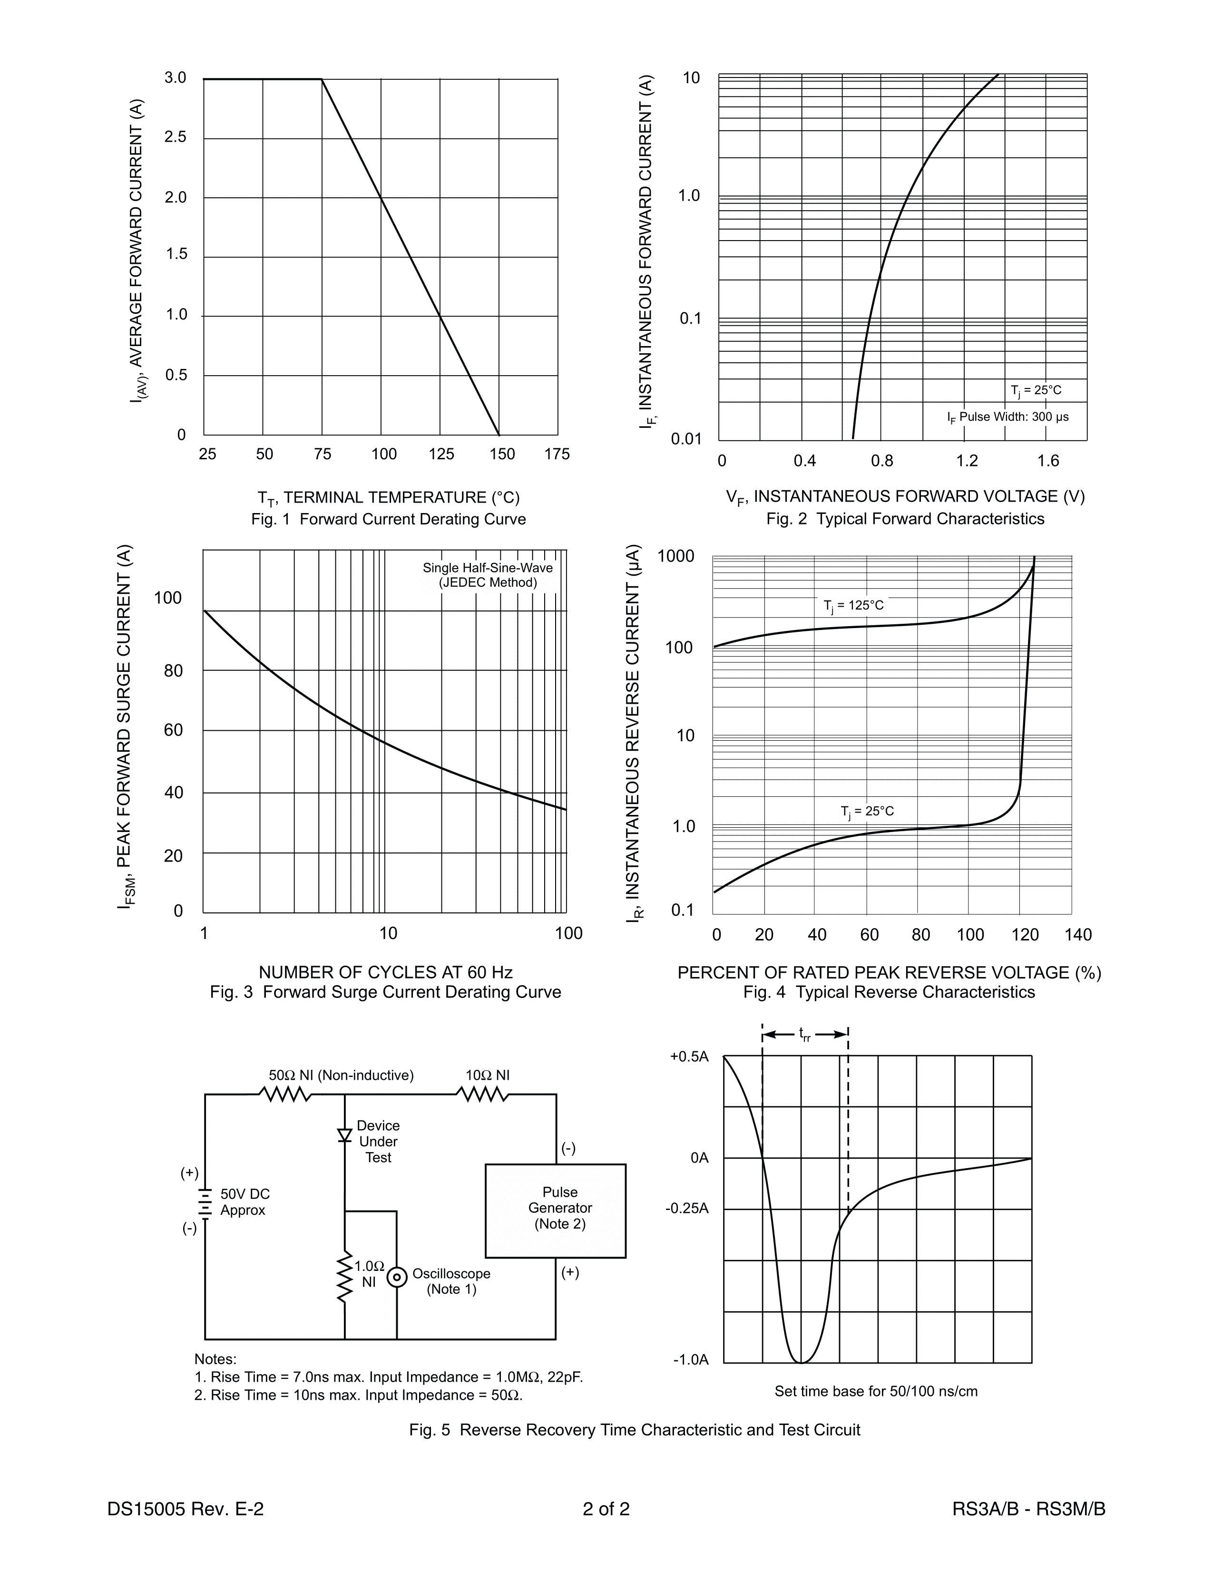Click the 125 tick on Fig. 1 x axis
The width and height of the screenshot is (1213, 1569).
[441, 454]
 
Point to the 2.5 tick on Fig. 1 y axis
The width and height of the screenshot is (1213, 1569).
[176, 137]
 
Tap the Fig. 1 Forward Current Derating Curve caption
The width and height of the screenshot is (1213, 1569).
[388, 519]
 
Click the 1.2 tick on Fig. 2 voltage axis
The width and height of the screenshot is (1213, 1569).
[967, 461]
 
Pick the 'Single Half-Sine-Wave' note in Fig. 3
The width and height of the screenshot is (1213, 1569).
[488, 568]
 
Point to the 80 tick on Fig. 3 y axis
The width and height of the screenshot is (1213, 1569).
[173, 671]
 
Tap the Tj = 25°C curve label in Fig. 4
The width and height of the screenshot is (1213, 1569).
[867, 812]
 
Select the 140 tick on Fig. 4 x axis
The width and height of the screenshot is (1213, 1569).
[1078, 935]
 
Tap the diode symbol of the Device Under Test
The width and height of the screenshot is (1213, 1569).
[345, 1135]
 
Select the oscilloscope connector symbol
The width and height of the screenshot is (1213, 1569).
[396, 1278]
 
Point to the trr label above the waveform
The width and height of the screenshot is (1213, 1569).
[805, 1035]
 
